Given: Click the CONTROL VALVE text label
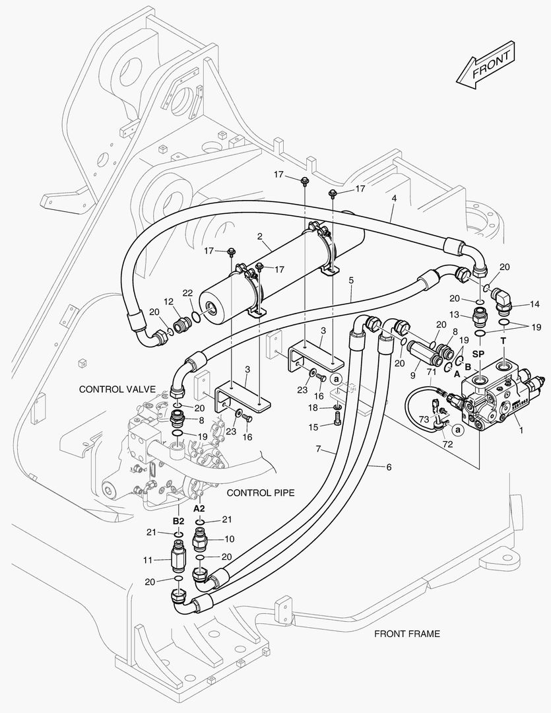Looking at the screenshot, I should tap(117, 390).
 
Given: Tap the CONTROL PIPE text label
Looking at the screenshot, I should tap(260, 492).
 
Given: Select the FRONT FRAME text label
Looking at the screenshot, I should tap(406, 634).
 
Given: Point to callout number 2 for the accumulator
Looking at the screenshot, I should tap(260, 236).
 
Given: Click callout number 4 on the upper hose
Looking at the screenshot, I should tap(394, 198).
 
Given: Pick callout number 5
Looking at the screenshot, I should tap(351, 280).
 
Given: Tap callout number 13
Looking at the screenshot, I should tap(454, 314).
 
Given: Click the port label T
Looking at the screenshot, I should tap(503, 341).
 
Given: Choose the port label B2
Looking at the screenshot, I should tap(178, 521).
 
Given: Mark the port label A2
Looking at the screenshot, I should tap(199, 509).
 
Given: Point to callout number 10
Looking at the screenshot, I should tap(228, 538).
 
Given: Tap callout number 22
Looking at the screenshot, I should tap(187, 293).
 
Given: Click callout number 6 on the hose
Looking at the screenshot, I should tap(389, 467).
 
